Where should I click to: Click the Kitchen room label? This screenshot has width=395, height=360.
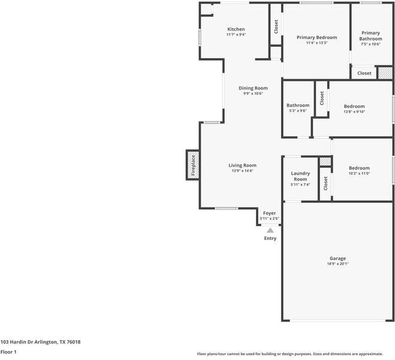236,29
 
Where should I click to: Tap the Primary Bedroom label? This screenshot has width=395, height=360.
316,37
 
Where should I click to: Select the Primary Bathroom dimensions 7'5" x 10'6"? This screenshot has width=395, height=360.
370,44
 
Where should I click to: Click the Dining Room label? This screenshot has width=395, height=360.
253,88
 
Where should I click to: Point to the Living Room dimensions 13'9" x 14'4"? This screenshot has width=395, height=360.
243,171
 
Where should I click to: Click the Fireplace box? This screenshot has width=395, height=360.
193,165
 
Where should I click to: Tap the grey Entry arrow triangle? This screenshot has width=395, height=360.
270,230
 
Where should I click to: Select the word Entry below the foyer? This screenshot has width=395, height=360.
270,238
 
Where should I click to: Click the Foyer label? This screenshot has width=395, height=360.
270,213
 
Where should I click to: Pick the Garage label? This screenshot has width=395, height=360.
337,259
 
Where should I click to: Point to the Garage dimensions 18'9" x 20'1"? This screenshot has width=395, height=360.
337,264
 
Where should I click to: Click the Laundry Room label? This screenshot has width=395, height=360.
300,176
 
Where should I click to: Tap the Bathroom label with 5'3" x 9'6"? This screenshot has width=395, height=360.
298,106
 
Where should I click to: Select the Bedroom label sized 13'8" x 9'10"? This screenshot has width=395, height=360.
354,106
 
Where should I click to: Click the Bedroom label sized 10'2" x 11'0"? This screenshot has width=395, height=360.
359,168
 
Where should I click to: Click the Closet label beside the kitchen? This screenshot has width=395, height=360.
276,26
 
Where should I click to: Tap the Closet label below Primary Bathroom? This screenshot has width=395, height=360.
364,73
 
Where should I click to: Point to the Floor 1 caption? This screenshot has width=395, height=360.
8,352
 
